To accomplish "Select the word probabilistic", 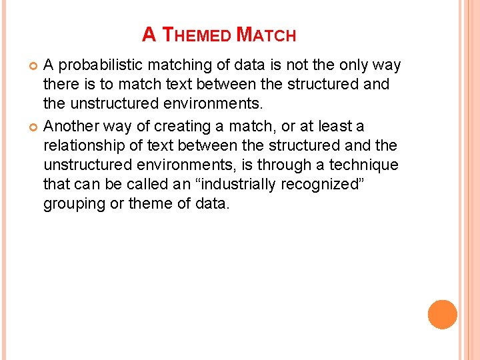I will (x=99, y=65).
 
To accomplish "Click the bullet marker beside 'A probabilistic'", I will (x=33, y=65).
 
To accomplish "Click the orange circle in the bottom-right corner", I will (x=442, y=315).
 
